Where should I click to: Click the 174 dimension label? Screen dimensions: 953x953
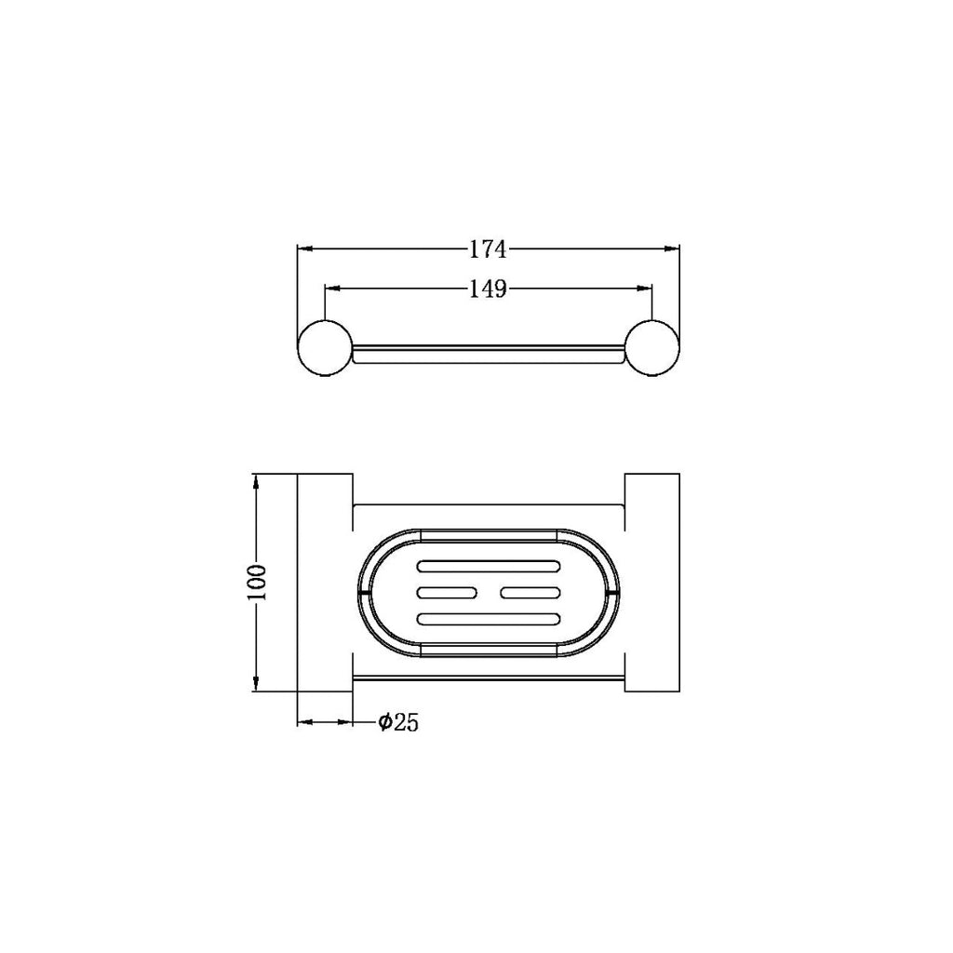(x=488, y=249)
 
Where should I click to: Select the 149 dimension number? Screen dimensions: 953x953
(x=488, y=289)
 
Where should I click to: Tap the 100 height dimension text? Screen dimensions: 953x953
(x=257, y=583)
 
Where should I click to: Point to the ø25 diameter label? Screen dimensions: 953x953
(x=398, y=722)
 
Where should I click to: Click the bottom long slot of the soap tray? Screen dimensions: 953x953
(x=489, y=619)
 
